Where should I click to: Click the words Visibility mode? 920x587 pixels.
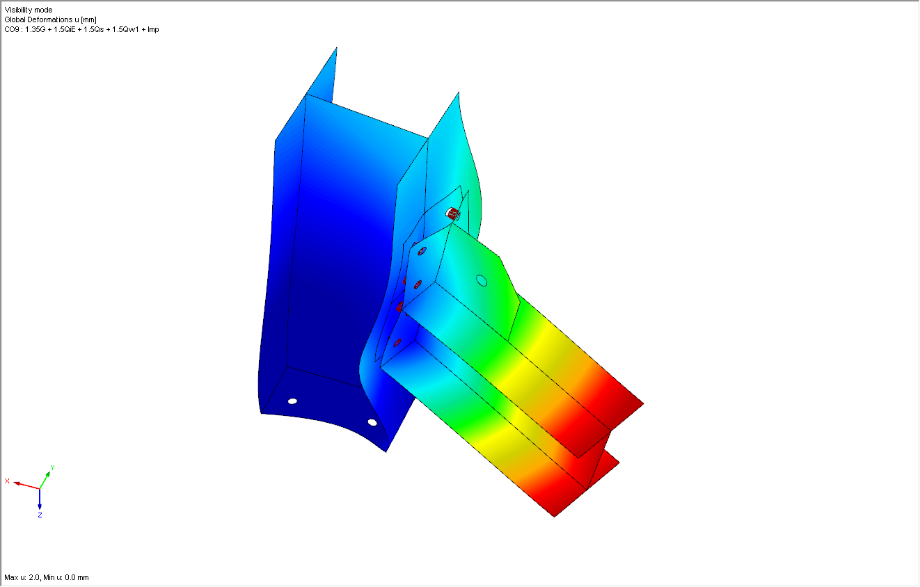(28, 10)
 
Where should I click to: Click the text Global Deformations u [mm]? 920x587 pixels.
(50, 19)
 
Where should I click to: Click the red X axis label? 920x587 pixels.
(7, 481)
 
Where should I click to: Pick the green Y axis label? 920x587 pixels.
(52, 468)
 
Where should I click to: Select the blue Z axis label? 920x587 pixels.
(40, 515)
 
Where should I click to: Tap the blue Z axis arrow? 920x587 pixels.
(40, 499)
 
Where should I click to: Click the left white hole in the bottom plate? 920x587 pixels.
(292, 401)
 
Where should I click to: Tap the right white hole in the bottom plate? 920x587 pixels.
(372, 422)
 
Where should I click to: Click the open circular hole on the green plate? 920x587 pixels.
(481, 280)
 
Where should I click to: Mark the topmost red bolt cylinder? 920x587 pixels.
(454, 213)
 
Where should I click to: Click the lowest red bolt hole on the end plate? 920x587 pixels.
(397, 343)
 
